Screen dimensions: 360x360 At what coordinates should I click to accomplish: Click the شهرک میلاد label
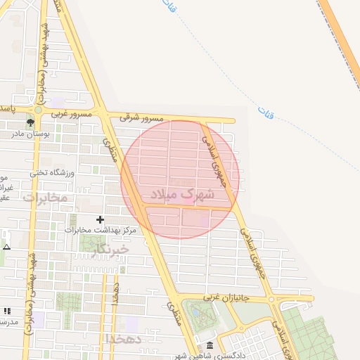pyautogui.click(x=180, y=193)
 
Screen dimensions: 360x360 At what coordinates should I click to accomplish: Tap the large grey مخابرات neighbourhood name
pyautogui.click(x=45, y=198)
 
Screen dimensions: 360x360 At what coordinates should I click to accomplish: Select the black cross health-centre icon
pyautogui.click(x=99, y=220)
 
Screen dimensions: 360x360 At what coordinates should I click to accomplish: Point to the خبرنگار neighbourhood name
pyautogui.click(x=111, y=249)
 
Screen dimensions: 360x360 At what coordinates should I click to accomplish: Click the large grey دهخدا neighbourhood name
pyautogui.click(x=124, y=338)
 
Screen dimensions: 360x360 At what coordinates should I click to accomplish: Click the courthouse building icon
pyautogui.click(x=210, y=346)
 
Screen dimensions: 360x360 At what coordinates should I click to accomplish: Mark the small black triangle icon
pyautogui.click(x=6, y=247)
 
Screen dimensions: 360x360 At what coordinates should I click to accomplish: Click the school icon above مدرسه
pyautogui.click(x=7, y=310)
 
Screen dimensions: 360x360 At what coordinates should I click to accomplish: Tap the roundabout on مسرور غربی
pyautogui.click(x=38, y=110)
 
